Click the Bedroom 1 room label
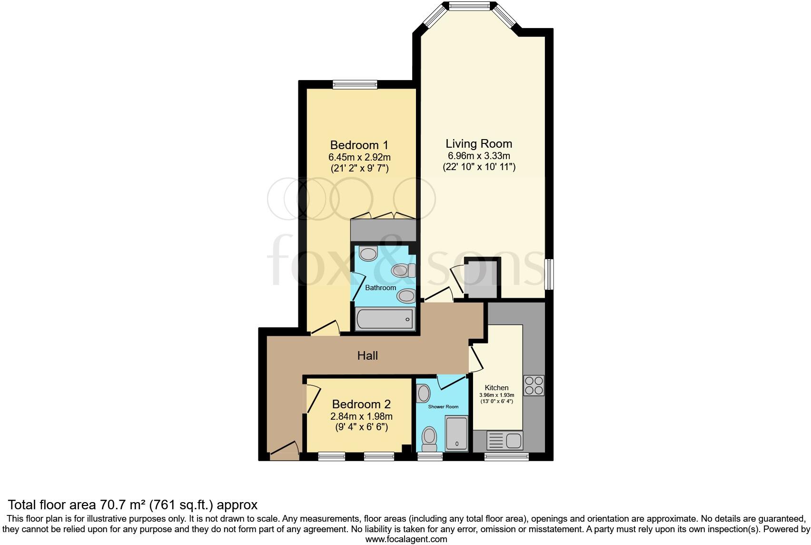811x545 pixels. point(359,145)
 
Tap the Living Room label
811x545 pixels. point(479,143)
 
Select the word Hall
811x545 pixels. point(367,355)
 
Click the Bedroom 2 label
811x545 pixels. point(361,404)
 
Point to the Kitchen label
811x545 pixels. point(496,388)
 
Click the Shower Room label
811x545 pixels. point(443,407)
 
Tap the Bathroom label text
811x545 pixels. point(380,288)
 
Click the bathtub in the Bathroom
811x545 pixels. point(385,319)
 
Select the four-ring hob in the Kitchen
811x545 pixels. point(534,385)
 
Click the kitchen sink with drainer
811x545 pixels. point(504,440)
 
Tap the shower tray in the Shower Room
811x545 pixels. point(456,434)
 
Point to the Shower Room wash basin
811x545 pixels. point(423,394)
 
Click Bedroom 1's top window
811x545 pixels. point(355,85)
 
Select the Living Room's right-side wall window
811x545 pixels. point(549,274)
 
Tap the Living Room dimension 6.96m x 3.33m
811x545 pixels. point(479,156)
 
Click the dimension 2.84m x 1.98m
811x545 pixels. point(361,416)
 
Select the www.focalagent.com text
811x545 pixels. point(406,539)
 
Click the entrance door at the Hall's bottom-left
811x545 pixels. point(284,451)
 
